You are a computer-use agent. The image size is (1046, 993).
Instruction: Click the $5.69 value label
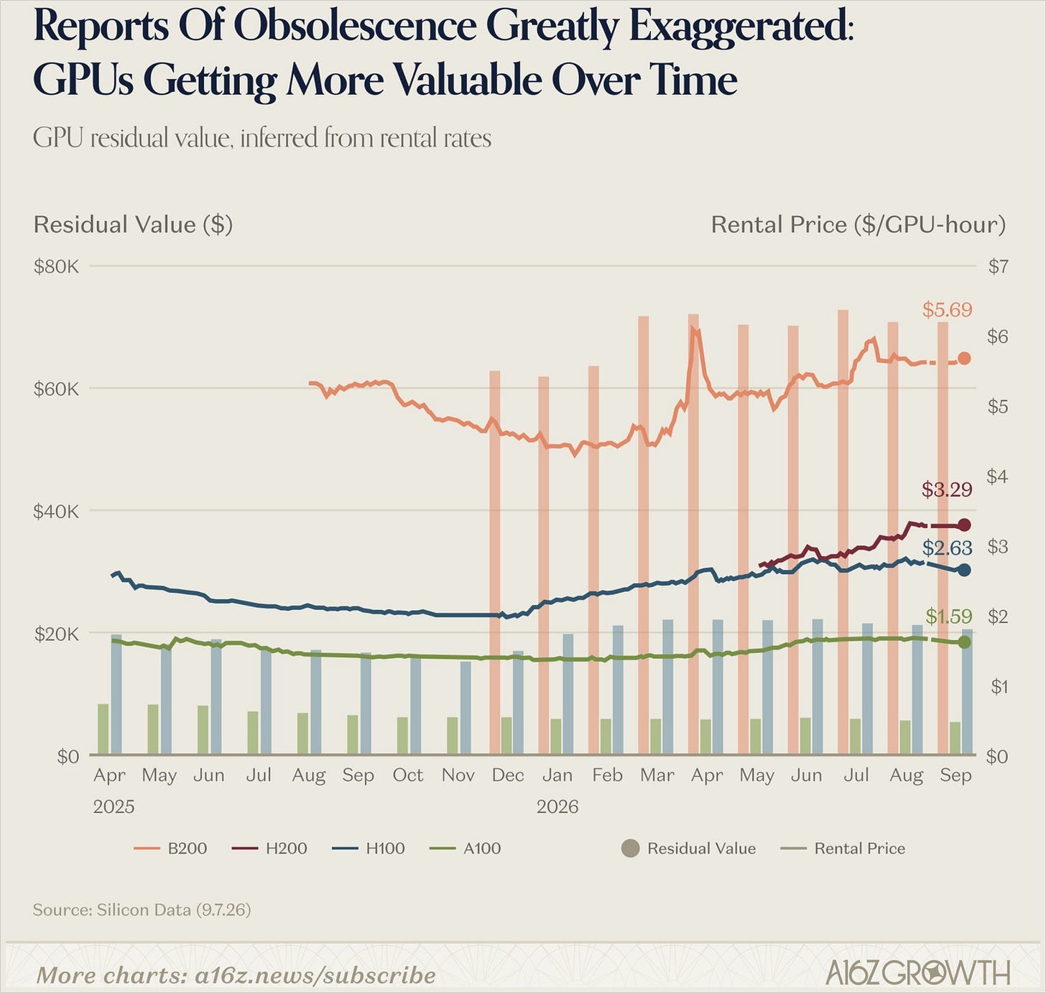[x=947, y=309]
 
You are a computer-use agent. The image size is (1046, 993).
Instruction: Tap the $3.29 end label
[x=947, y=489]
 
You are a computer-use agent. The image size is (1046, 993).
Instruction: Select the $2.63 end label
[x=947, y=548]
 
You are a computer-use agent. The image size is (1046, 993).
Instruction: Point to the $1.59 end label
[x=948, y=616]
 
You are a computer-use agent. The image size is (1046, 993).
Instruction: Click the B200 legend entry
[x=170, y=849]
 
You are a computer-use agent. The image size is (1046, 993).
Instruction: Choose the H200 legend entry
[x=269, y=849]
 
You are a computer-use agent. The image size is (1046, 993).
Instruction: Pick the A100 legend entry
[x=465, y=849]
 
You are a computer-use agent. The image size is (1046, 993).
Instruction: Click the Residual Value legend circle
[x=631, y=849]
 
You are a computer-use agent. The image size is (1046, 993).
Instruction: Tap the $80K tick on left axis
[x=56, y=266]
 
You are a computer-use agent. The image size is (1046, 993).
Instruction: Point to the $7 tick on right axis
[x=998, y=266]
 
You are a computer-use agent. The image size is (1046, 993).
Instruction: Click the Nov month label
[x=458, y=775]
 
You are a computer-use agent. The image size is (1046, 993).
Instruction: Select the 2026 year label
[x=557, y=807]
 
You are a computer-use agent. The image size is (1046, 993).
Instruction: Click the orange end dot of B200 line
[x=964, y=359]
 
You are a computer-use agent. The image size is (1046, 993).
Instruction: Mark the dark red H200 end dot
[x=964, y=525]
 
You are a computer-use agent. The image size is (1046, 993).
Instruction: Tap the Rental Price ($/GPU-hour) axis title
[x=858, y=225]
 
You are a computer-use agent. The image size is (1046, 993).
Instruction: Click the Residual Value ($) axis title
[x=133, y=225]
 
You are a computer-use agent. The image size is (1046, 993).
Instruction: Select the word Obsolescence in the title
[x=355, y=26]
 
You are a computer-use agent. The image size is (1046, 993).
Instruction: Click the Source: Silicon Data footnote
[x=142, y=910]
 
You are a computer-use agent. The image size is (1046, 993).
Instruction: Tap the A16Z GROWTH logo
[x=918, y=974]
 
